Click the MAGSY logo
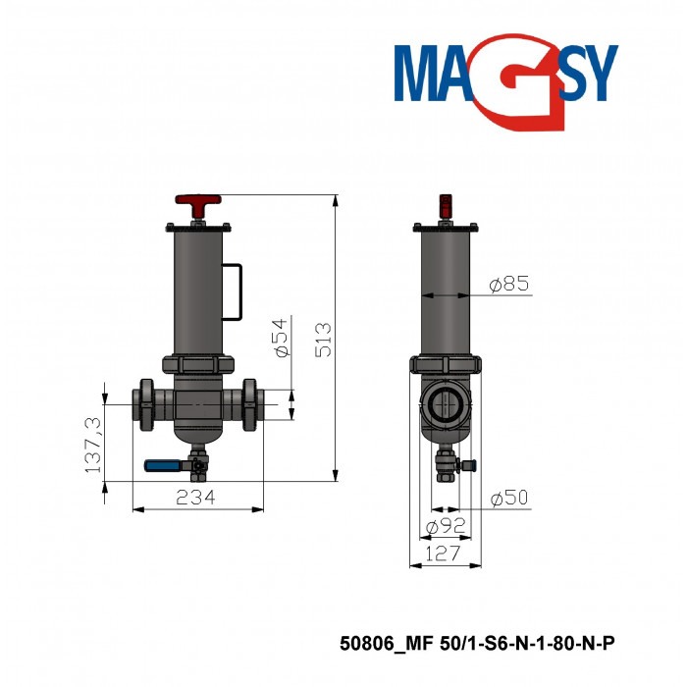[x=505, y=79]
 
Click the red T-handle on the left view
[x=198, y=206]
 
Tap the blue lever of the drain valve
[x=165, y=467]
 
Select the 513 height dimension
[x=325, y=338]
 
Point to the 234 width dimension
[x=196, y=499]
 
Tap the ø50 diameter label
[x=508, y=499]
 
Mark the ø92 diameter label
[x=446, y=528]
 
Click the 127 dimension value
[x=446, y=555]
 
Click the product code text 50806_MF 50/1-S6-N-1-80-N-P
[x=477, y=644]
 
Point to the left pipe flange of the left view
[x=146, y=402]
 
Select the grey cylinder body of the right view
[x=446, y=294]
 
